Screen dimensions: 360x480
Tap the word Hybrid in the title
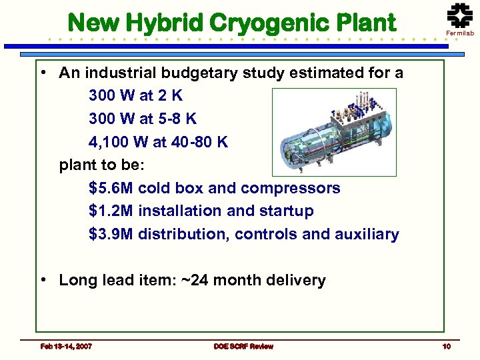click(170, 23)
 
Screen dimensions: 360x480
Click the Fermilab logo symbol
click(459, 14)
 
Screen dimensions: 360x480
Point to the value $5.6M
click(112, 188)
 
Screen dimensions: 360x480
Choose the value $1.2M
click(112, 211)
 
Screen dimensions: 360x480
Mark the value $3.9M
click(112, 234)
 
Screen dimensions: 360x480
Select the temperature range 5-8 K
click(176, 119)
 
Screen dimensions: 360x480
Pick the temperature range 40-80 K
click(199, 142)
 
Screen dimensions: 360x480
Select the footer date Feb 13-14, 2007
click(66, 345)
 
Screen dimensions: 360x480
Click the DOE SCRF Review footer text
click(243, 345)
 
